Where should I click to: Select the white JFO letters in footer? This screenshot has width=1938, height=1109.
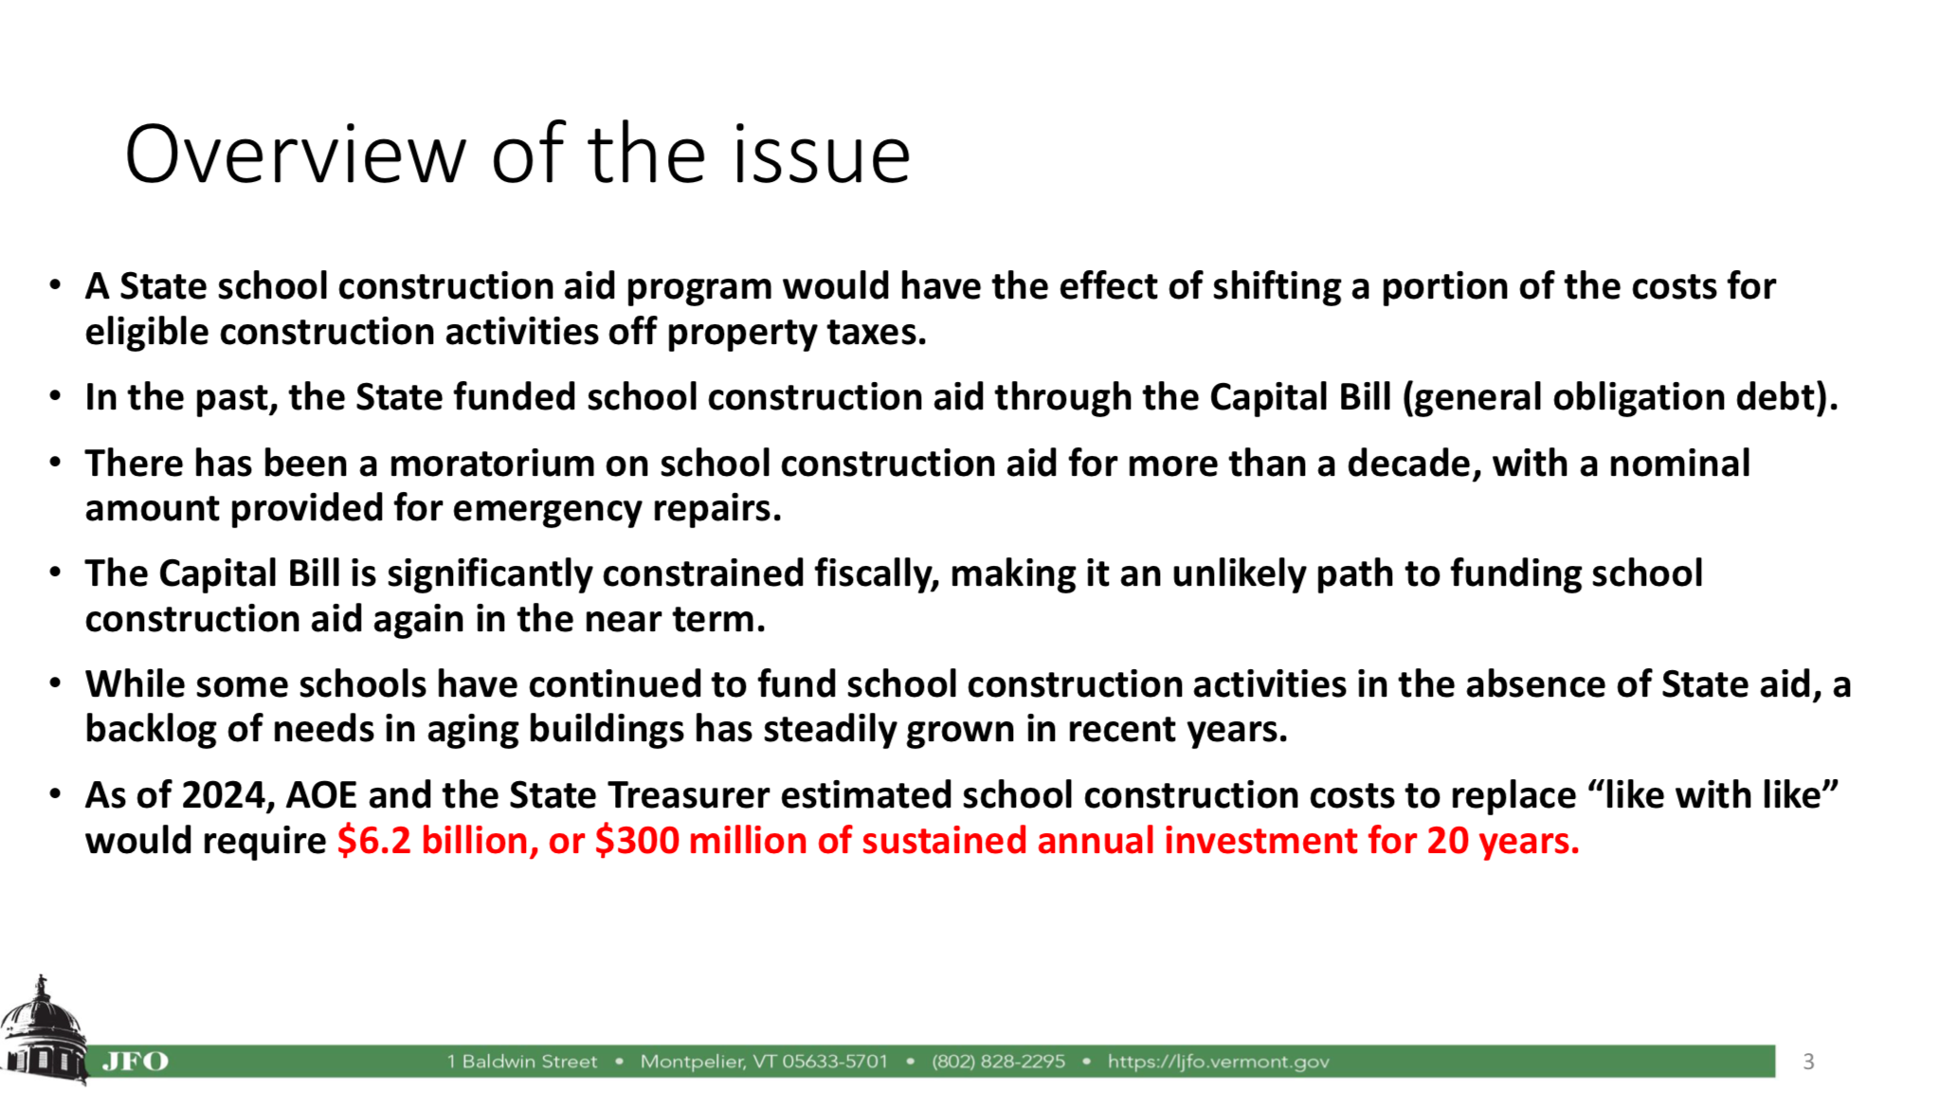135,1062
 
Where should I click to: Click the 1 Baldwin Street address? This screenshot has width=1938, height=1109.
522,1062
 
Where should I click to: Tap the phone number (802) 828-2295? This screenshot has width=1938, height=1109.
998,1062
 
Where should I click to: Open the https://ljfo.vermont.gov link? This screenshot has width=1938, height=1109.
1218,1062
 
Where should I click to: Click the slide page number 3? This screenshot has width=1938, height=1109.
1808,1062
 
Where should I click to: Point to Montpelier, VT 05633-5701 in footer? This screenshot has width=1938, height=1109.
764,1062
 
